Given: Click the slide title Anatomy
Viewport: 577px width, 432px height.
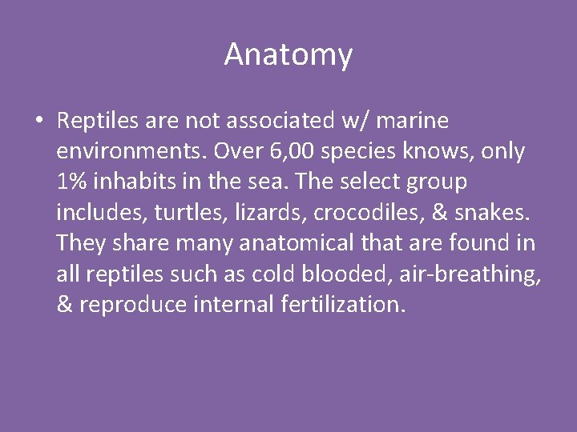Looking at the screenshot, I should click(288, 55).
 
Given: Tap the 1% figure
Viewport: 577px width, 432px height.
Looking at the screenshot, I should click(73, 182).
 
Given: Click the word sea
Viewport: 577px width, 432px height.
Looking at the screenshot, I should click(270, 182).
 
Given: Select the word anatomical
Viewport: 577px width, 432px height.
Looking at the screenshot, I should click(254, 243).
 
